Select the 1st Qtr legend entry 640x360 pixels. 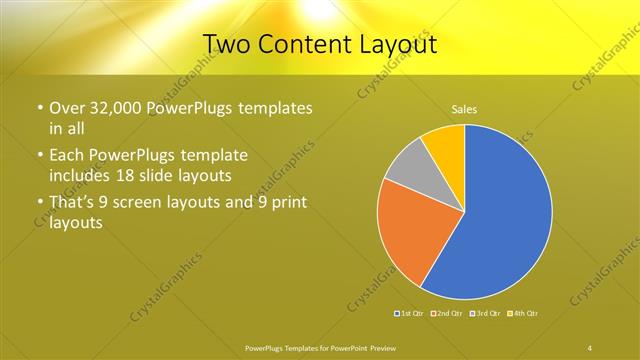click(x=410, y=314)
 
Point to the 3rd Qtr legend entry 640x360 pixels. click(x=485, y=314)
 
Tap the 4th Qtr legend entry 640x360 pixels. click(x=524, y=314)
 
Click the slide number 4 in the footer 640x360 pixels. click(x=590, y=347)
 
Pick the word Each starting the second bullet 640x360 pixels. click(x=68, y=157)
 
